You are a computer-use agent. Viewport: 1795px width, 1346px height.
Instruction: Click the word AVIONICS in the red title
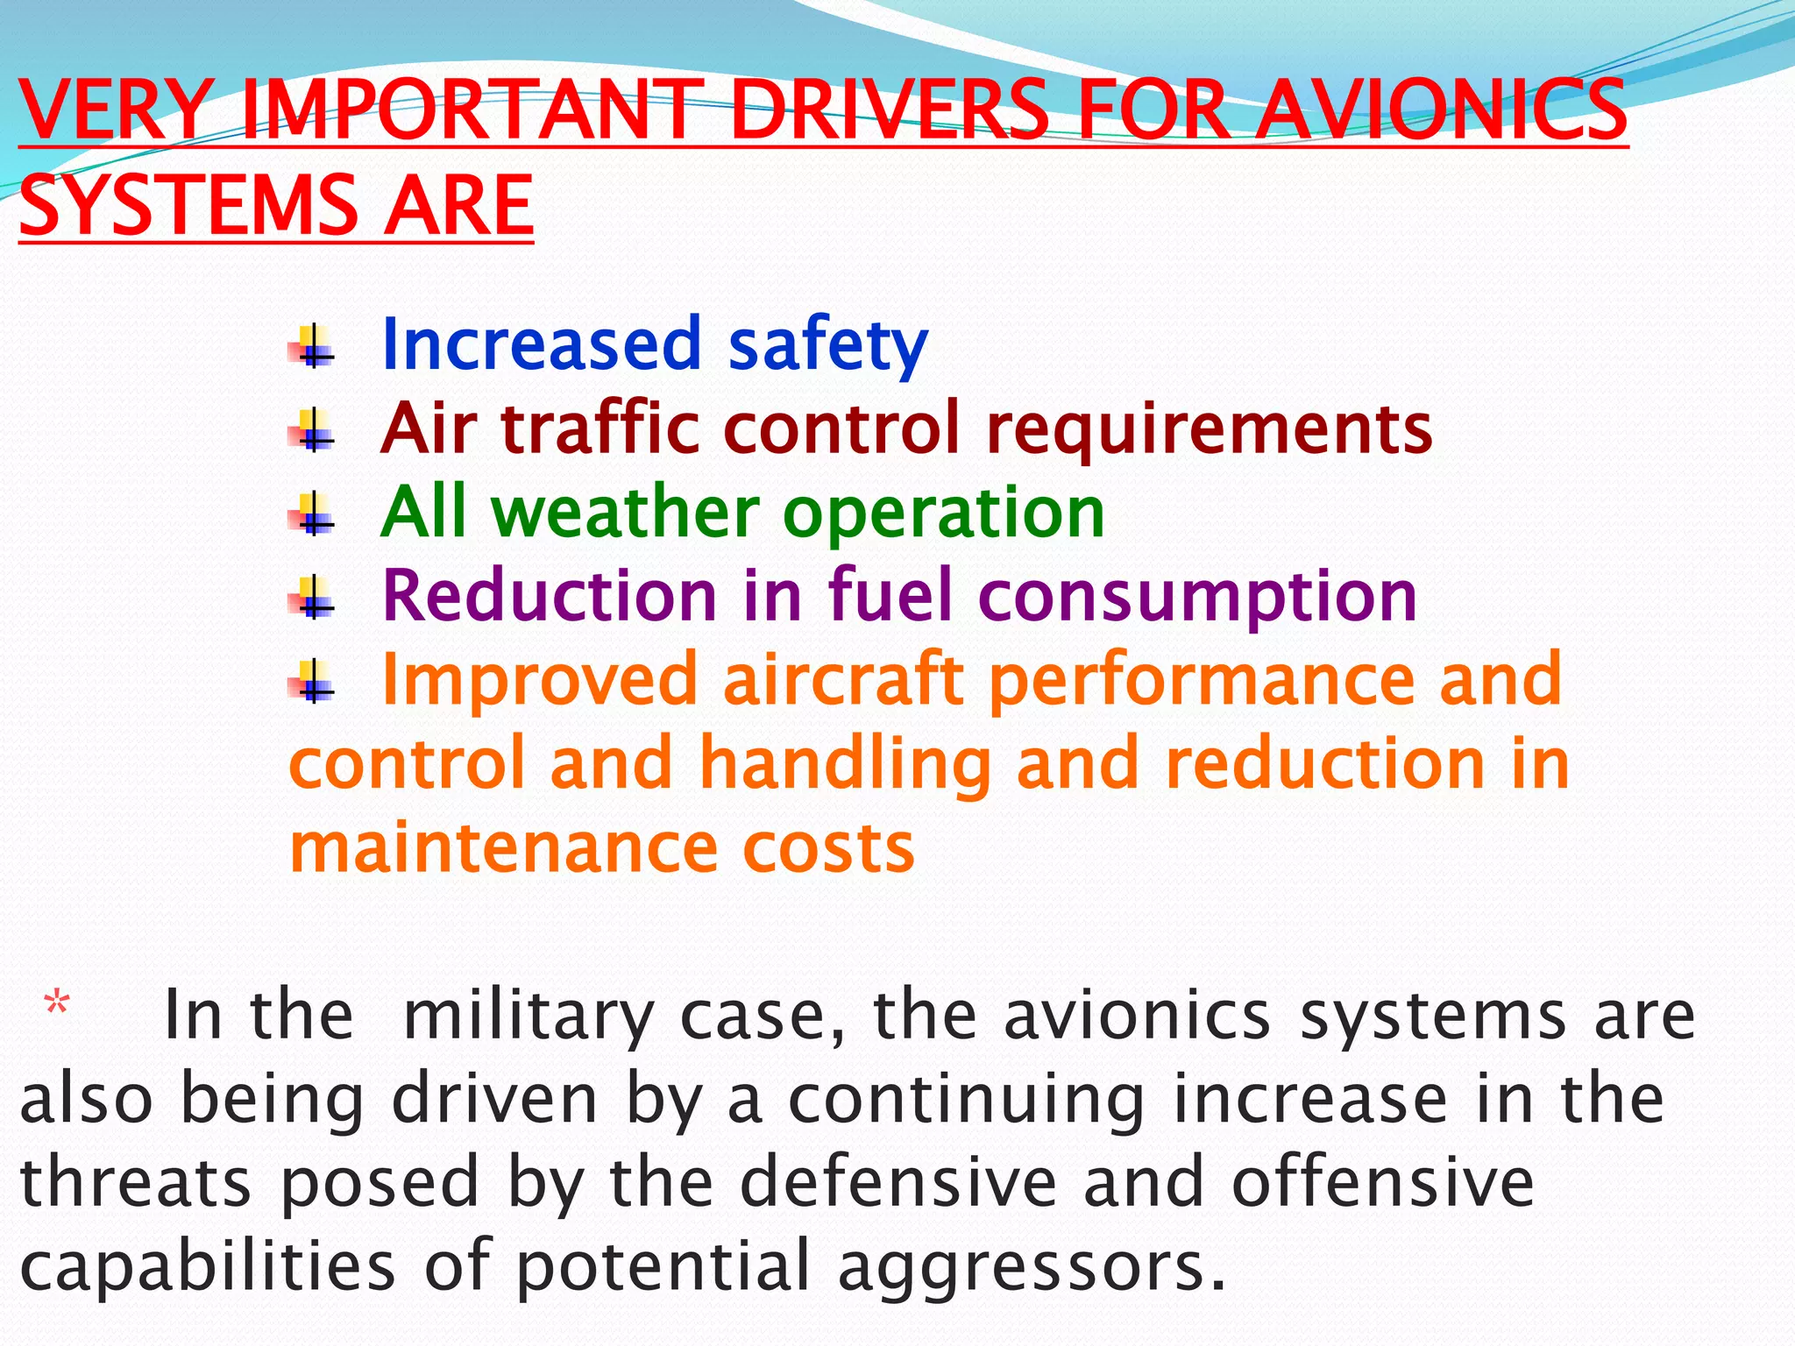(1440, 110)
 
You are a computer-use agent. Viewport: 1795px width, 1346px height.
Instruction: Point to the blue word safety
(827, 344)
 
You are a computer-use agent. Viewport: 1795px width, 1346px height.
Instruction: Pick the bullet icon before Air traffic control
(312, 429)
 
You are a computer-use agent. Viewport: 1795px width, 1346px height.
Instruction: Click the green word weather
(626, 512)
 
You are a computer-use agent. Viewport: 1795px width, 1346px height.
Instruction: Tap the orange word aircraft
(842, 679)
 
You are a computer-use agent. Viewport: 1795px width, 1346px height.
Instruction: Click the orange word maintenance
(503, 847)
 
